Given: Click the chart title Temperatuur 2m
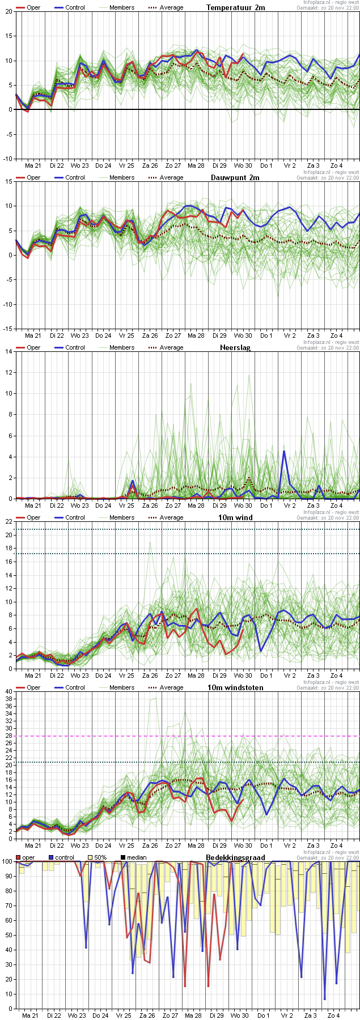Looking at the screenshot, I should (235, 7).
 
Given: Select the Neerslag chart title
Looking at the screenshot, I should (235, 347).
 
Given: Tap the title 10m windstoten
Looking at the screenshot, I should (240, 687).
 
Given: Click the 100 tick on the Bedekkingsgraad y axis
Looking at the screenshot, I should (7, 862).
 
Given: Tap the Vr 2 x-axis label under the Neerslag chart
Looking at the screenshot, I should (290, 505).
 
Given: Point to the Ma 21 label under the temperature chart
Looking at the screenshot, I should (33, 165).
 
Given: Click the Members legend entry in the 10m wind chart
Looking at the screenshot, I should (122, 517).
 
